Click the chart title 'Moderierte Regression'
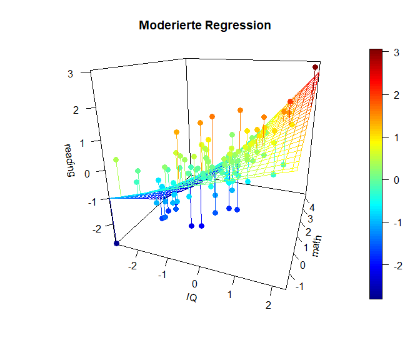coord(205,26)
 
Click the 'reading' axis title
coord(69,161)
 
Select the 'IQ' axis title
coord(192,297)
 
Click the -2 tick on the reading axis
coord(78,229)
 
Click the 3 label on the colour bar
coord(396,53)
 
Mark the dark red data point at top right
coord(316,67)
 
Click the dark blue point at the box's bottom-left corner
coord(116,243)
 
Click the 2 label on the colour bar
coord(396,96)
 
